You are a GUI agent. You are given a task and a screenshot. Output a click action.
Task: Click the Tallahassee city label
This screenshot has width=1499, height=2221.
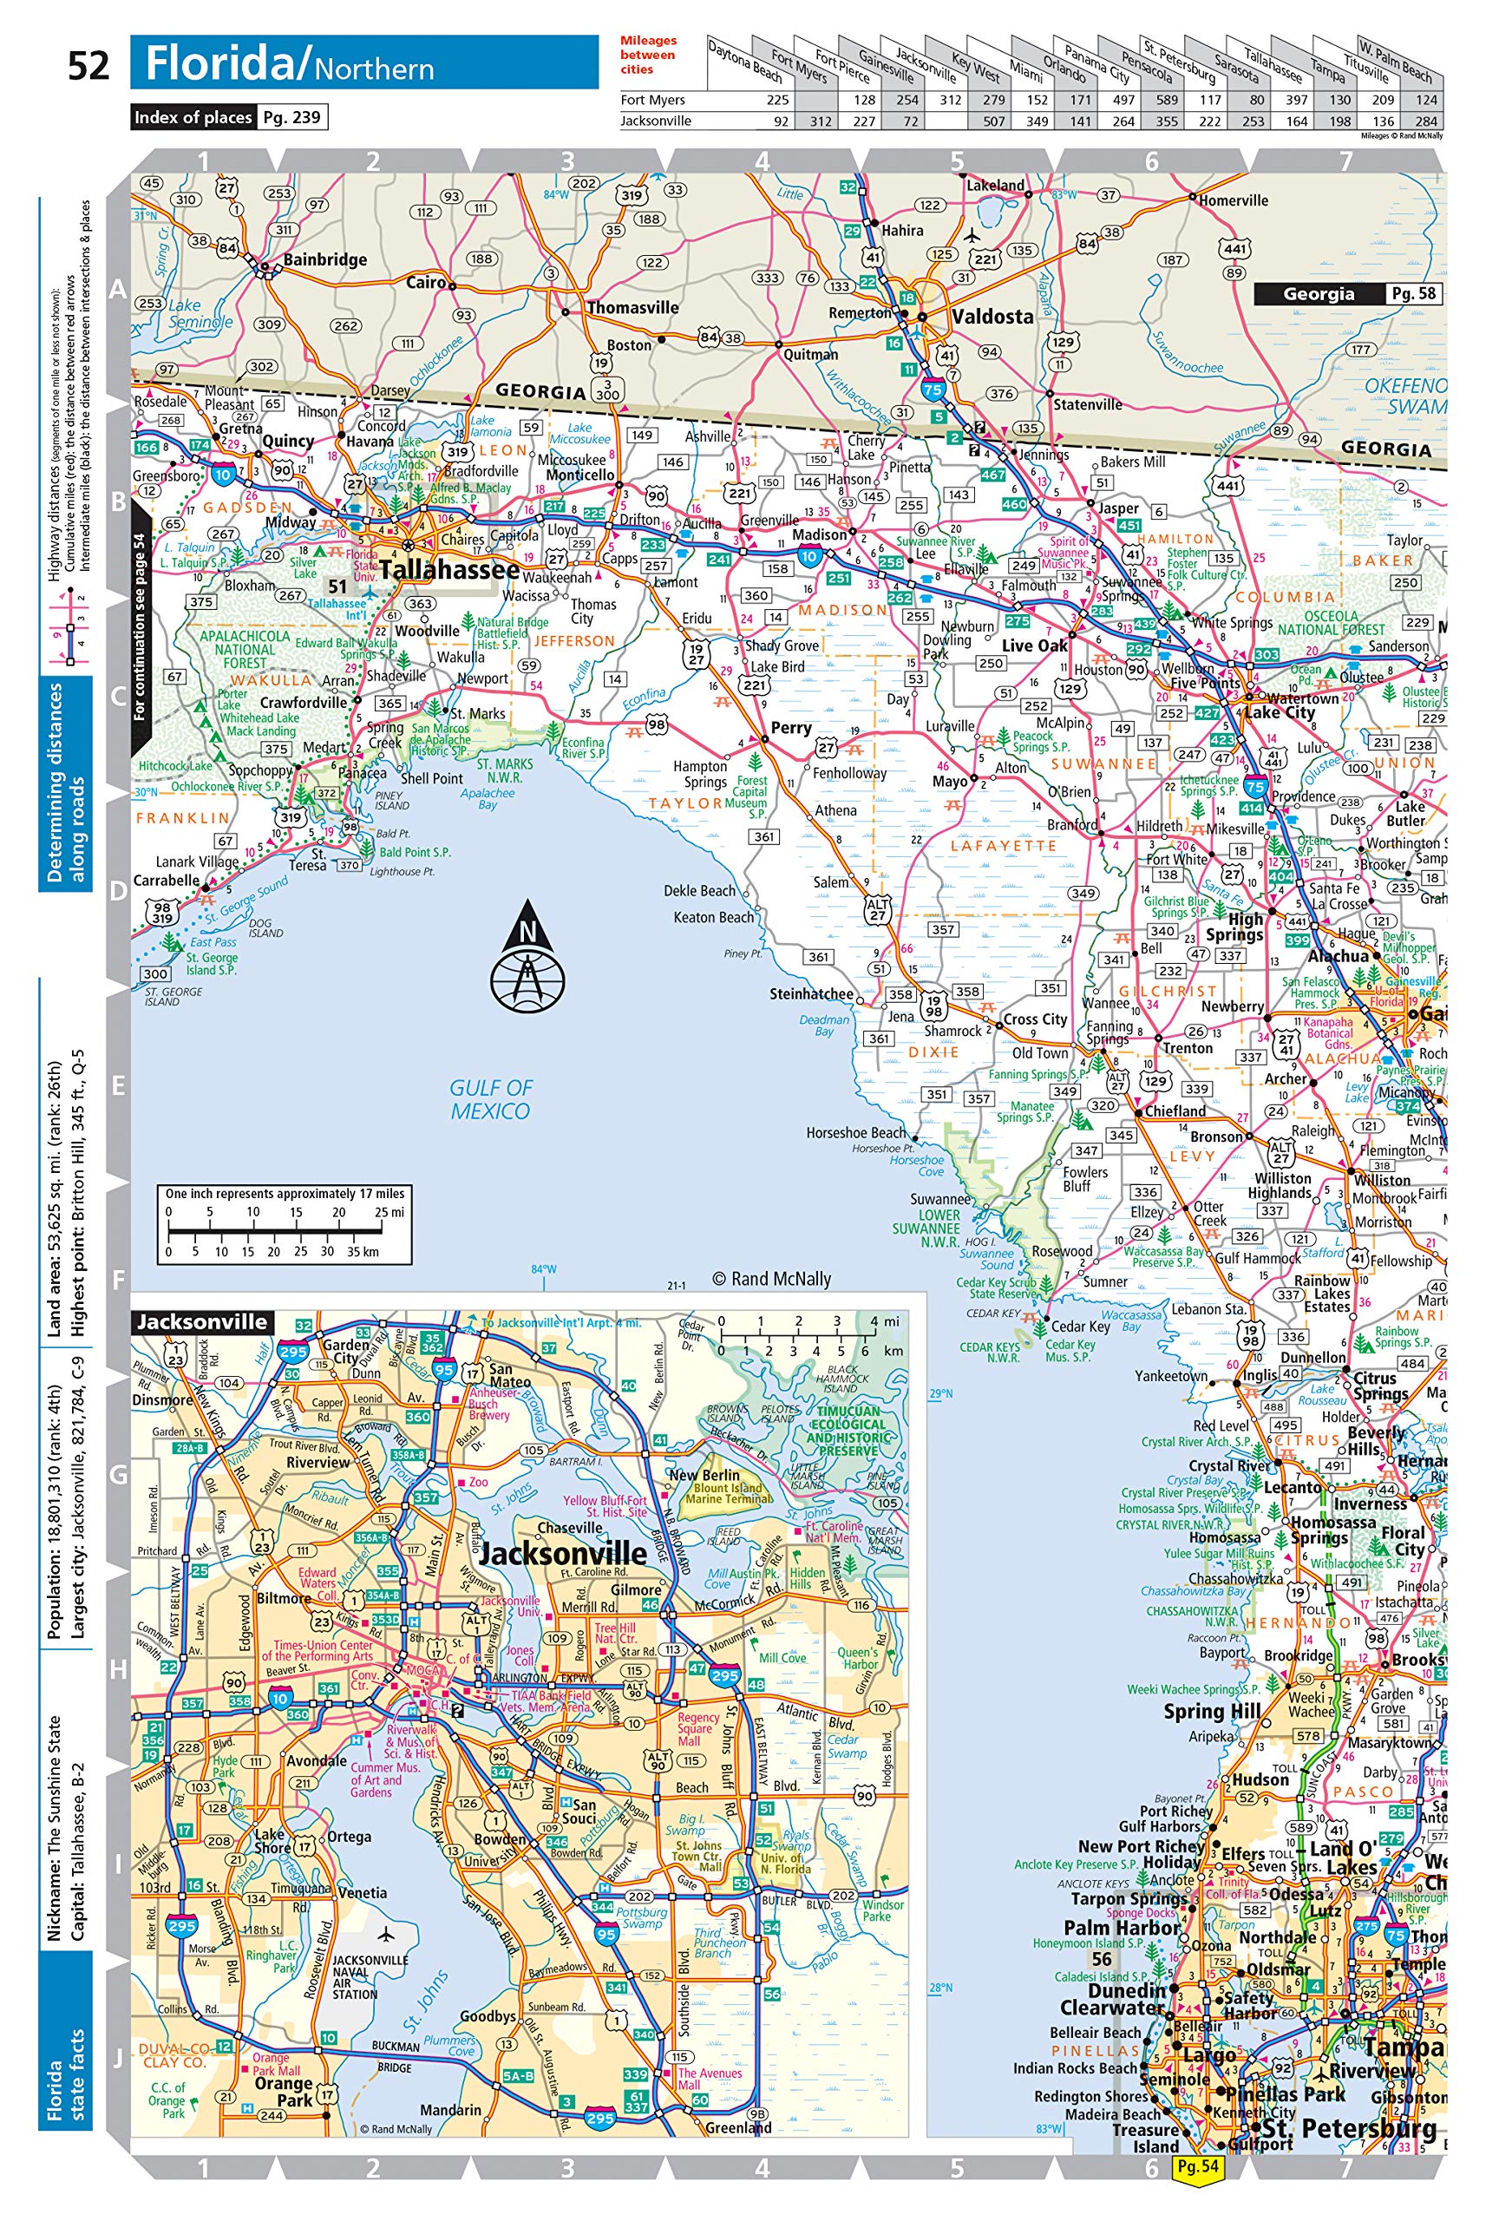click(449, 571)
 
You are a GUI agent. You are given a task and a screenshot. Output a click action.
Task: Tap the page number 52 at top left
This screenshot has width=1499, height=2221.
click(88, 66)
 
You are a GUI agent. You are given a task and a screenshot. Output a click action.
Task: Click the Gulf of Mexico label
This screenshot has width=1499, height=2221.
click(490, 1099)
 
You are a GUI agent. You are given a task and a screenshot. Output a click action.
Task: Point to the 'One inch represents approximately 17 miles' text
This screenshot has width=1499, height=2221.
click(285, 1194)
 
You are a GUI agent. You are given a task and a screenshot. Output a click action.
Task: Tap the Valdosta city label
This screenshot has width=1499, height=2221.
click(992, 317)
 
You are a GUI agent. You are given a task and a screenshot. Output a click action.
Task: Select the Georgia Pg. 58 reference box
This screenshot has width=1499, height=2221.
click(1346, 294)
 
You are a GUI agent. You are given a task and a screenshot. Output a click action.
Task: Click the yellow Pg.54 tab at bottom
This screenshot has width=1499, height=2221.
click(1197, 2167)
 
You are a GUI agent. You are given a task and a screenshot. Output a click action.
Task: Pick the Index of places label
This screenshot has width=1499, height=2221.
click(193, 117)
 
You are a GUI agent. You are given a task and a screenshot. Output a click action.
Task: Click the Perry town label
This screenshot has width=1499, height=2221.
click(791, 727)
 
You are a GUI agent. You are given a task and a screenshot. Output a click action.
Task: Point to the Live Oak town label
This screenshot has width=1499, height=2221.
click(1035, 645)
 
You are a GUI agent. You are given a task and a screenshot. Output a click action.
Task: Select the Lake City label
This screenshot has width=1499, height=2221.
click(1280, 712)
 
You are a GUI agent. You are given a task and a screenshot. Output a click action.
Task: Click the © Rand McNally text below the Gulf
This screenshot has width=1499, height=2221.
click(772, 1279)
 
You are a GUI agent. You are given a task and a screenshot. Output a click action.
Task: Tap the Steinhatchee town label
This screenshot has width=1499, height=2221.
click(811, 994)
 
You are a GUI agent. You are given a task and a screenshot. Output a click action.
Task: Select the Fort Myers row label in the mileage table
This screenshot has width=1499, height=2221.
click(652, 100)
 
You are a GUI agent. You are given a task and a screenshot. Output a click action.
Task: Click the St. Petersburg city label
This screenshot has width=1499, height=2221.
click(1349, 2128)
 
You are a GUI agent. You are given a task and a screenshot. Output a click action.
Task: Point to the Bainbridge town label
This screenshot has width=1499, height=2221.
click(324, 259)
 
